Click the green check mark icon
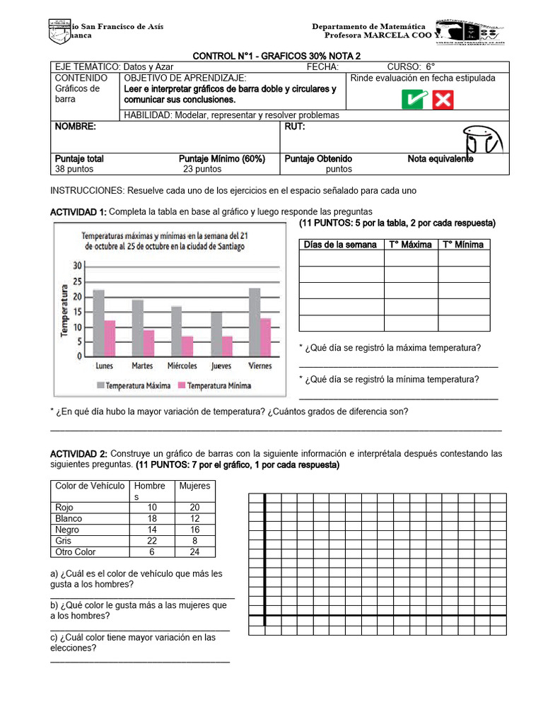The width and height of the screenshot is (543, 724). pos(414,100)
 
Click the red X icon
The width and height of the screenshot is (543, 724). pos(443,100)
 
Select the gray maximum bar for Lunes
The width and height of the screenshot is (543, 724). pos(98,323)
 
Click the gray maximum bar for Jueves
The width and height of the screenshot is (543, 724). pos(216,334)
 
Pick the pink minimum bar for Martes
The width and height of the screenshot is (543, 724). pos(149,343)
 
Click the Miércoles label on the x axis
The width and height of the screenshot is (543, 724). pos(182,366)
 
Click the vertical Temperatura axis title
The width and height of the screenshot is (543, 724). pos(64,310)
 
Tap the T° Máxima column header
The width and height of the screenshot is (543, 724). pos(410,245)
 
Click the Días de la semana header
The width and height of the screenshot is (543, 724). pos(340,245)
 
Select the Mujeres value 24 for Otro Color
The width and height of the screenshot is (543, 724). pos(194,551)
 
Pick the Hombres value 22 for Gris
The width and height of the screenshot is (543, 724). pos(151,540)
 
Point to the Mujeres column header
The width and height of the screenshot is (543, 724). pos(194,486)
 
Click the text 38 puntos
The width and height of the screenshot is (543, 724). pos(74,169)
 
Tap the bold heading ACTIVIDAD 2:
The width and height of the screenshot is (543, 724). pos(78,453)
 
